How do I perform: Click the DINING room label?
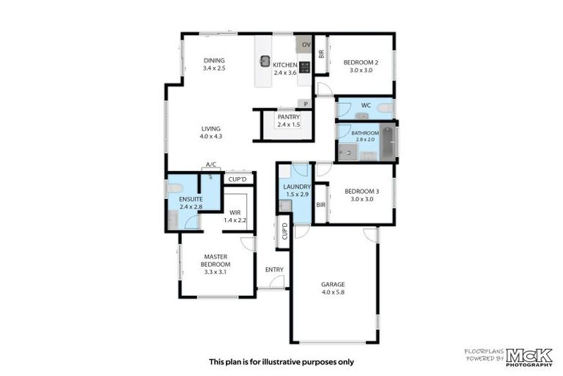click(214, 61)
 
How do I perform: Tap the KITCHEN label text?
click(285, 65)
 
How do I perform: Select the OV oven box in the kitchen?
click(306, 45)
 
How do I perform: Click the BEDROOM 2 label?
click(360, 62)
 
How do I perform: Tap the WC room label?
click(366, 105)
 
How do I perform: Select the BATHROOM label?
click(364, 132)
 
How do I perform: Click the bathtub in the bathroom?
click(388, 142)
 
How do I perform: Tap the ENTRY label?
click(274, 270)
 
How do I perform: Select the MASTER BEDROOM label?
click(216, 260)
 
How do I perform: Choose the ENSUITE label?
click(190, 199)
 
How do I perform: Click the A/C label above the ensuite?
click(211, 164)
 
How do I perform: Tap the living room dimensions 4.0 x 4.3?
click(210, 137)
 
